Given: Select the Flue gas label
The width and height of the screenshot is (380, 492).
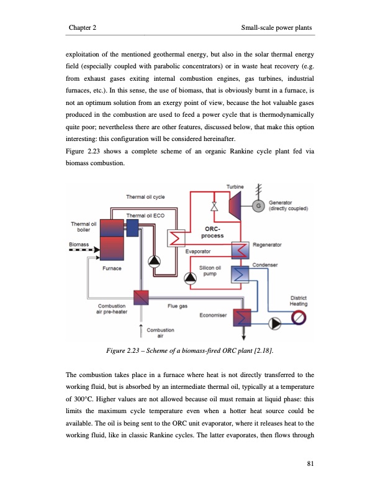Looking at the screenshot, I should click(180, 306).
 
